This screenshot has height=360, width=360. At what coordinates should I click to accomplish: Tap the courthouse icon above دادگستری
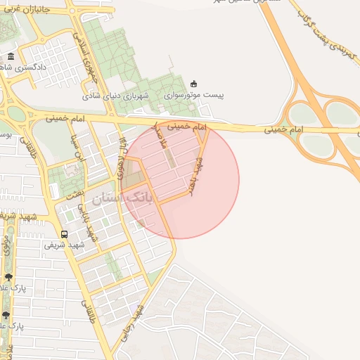[10, 56]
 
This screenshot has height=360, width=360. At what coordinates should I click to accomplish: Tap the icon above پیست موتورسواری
[194, 83]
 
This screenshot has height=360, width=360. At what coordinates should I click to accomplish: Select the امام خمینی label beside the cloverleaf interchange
[285, 130]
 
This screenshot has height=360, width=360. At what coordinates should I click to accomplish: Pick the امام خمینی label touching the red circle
[191, 127]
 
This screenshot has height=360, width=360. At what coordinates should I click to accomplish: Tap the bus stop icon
[65, 234]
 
